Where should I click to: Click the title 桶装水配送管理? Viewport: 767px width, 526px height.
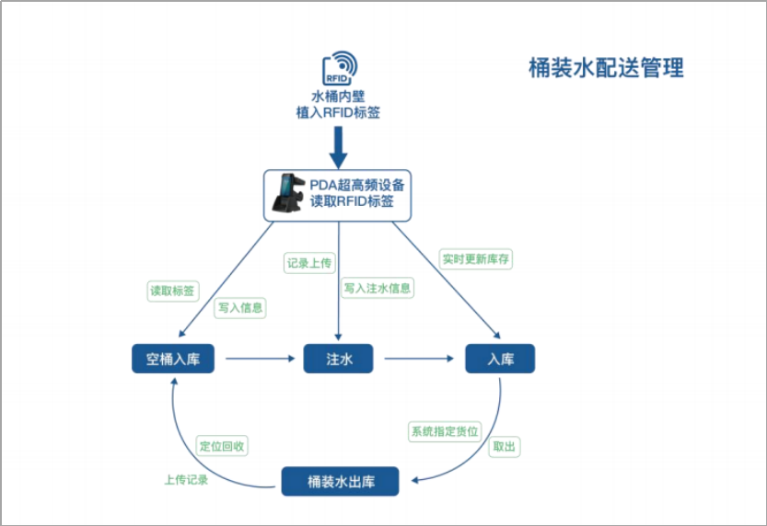pos(606,68)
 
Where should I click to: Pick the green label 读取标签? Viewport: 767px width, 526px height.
pos(173,291)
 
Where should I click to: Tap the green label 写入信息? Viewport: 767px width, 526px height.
pos(239,308)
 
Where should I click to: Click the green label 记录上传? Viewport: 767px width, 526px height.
pos(308,263)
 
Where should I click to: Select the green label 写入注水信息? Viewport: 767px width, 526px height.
pos(378,288)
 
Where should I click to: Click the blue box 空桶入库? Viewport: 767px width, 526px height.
pos(173,359)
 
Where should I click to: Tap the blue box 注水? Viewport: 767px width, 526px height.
pos(339,359)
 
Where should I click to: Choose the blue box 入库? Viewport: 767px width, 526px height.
pos(500,359)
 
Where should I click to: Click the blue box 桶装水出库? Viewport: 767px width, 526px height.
pos(340,481)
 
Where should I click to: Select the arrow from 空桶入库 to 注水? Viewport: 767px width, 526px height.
pos(258,359)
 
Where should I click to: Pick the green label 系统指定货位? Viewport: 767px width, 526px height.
pos(445,430)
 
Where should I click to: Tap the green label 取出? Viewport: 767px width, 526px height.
pos(505,447)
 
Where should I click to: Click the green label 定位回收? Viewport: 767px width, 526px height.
pos(223,446)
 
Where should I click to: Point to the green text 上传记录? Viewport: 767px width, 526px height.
pos(187,479)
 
